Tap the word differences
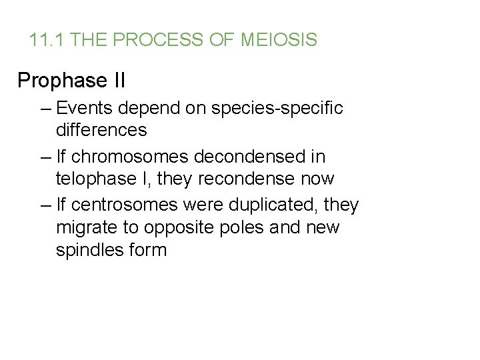[101, 130]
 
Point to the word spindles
[91, 251]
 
